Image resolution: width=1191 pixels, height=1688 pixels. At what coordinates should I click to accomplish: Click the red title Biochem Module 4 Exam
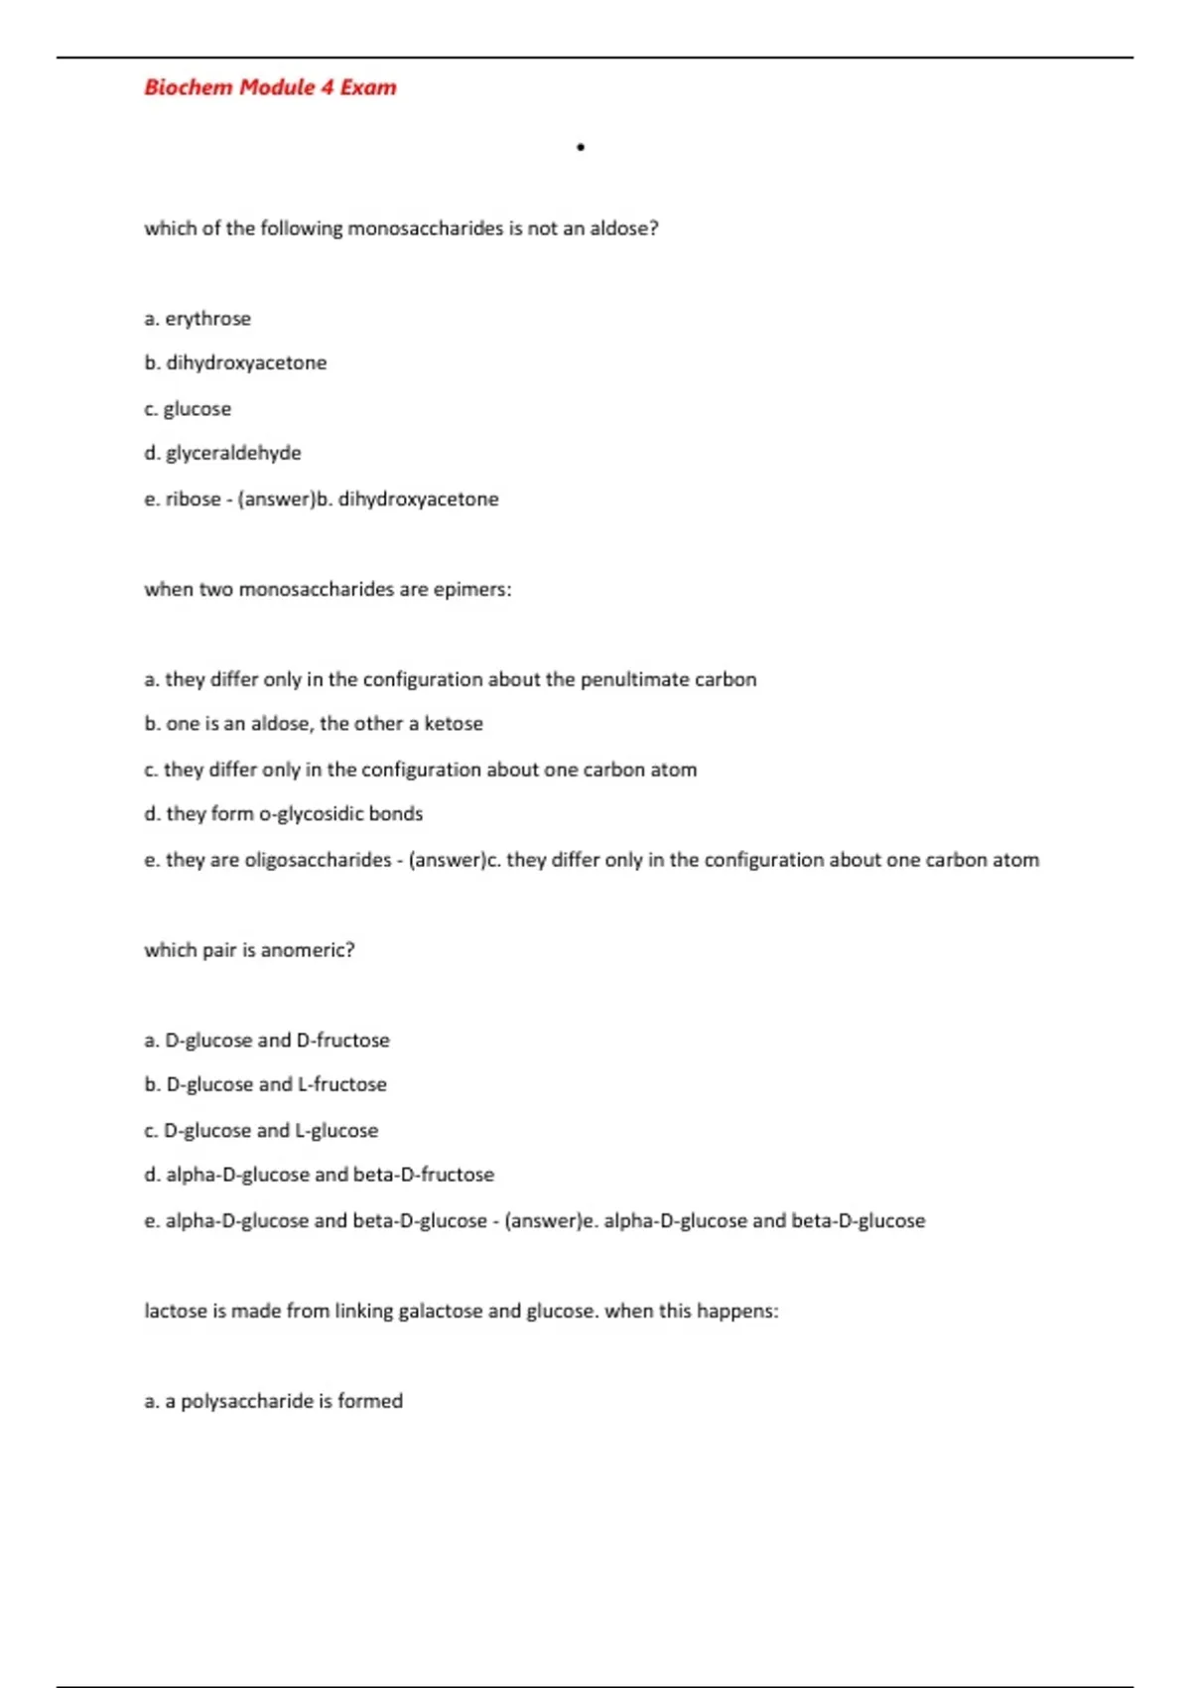[270, 87]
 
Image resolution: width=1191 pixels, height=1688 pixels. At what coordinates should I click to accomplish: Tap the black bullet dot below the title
[581, 148]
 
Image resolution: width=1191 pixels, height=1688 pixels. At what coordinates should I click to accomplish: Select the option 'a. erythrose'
[198, 319]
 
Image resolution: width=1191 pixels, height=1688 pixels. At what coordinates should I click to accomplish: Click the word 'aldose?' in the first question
[624, 228]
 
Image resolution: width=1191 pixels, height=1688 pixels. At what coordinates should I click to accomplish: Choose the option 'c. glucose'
[188, 409]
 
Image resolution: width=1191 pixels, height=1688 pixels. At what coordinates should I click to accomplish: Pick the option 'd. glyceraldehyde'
[222, 453]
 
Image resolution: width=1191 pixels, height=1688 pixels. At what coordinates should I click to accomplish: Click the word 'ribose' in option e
[193, 498]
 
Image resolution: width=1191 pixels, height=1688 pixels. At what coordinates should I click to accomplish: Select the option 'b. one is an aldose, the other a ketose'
[314, 724]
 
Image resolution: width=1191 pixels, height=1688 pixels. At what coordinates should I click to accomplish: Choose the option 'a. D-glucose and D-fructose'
[267, 1041]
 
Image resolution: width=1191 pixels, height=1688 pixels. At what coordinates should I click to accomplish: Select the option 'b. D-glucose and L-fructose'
[266, 1084]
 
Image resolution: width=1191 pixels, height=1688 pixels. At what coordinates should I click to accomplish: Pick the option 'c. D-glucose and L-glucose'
[261, 1130]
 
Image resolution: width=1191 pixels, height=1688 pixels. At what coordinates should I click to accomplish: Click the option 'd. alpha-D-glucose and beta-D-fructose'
[319, 1175]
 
